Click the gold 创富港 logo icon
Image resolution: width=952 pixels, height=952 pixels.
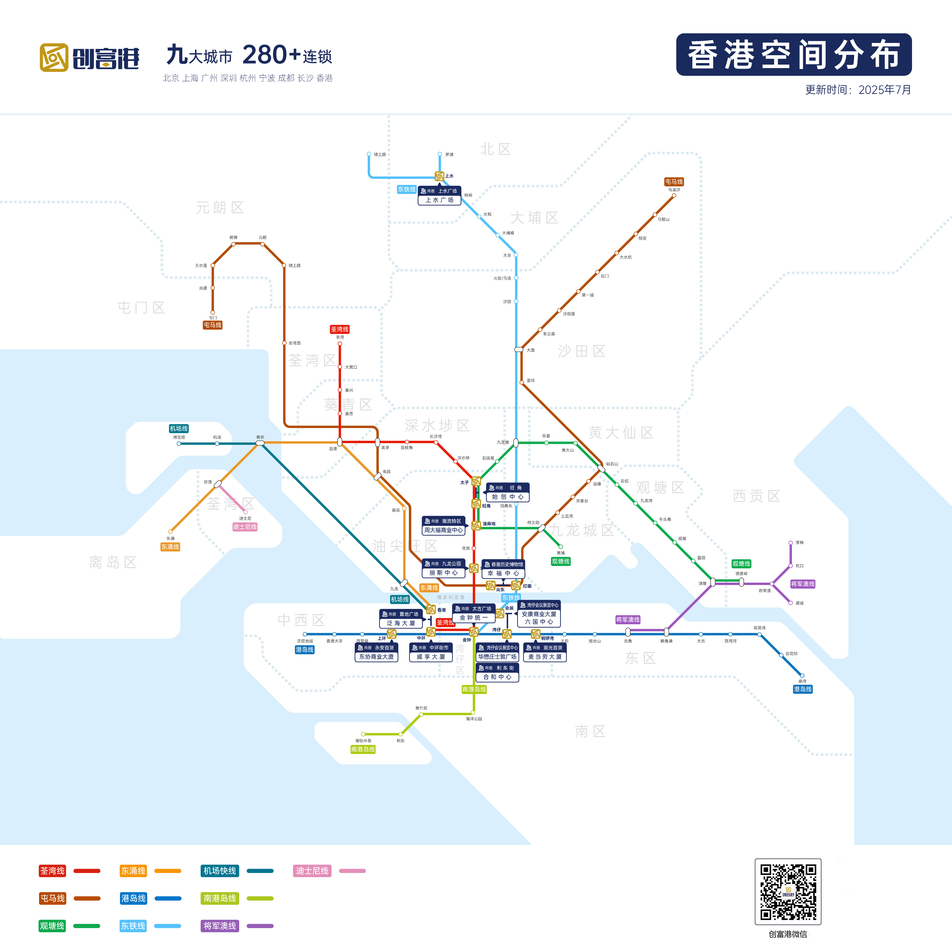pyautogui.click(x=54, y=58)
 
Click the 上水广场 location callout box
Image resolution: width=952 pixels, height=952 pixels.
pyautogui.click(x=439, y=196)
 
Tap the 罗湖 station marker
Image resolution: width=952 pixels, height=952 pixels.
pyautogui.click(x=440, y=154)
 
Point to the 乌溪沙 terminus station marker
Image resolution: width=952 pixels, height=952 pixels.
pyautogui.click(x=674, y=196)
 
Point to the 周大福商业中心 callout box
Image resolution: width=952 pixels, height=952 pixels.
pyautogui.click(x=443, y=526)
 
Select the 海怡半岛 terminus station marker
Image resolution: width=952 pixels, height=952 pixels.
pyautogui.click(x=363, y=734)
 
